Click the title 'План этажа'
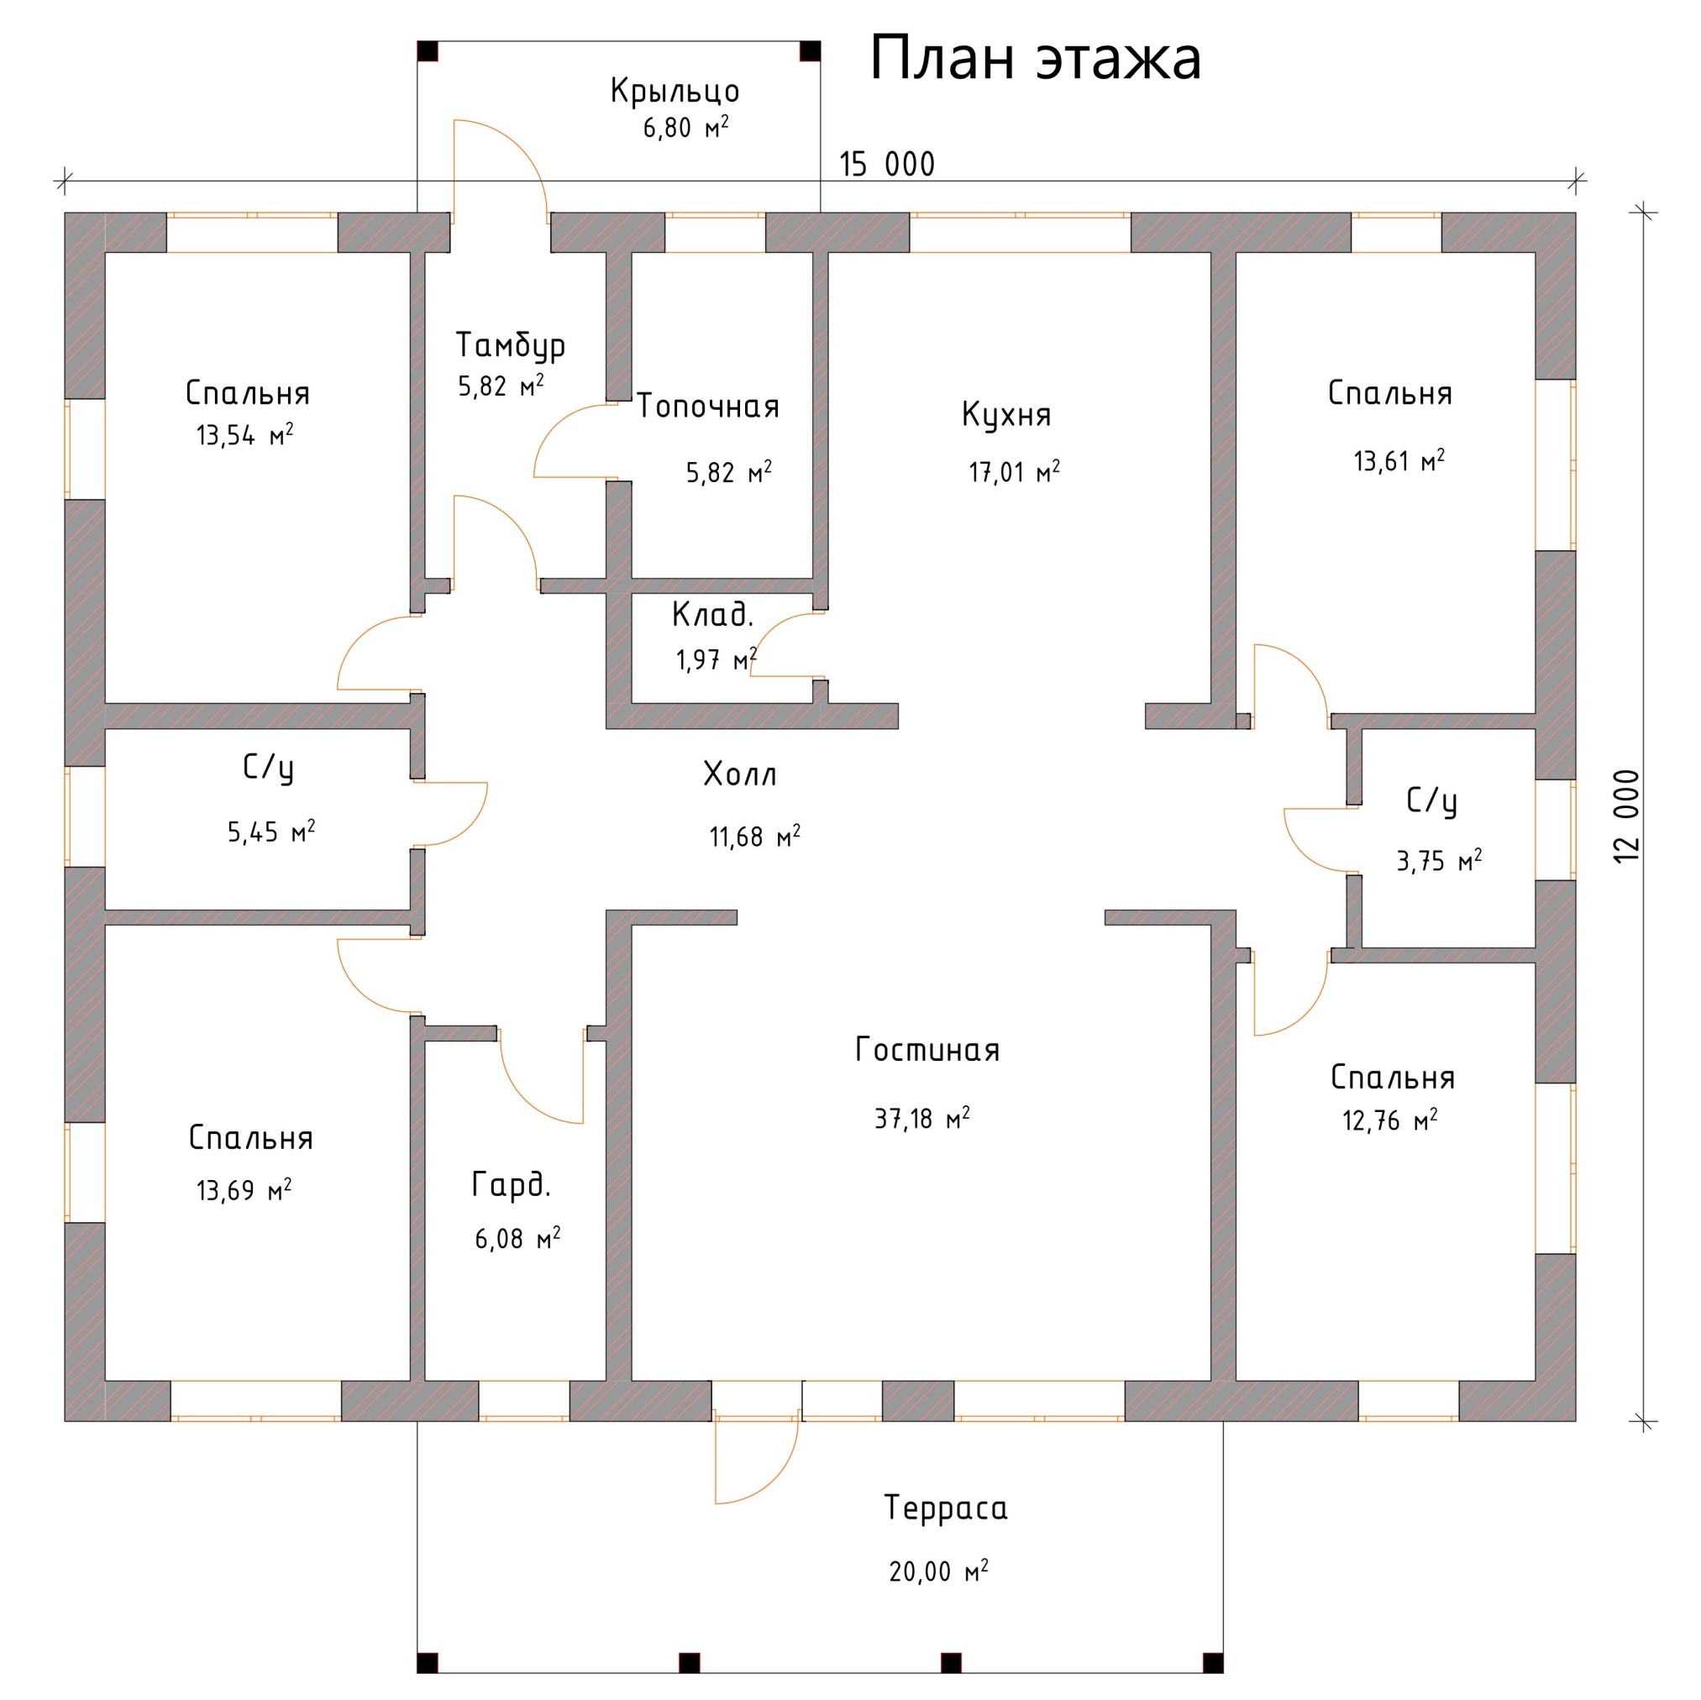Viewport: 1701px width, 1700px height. (1036, 60)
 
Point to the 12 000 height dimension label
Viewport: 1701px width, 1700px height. (1628, 816)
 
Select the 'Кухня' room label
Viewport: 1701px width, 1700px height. (1006, 414)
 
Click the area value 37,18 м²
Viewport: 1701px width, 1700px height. (921, 1118)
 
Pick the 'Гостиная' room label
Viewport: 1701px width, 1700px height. (927, 1050)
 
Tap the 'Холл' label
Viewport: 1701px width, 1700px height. (740, 774)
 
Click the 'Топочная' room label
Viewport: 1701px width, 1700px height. (708, 406)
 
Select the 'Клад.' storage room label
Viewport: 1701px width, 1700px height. (712, 615)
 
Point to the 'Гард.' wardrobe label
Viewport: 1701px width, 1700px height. (512, 1185)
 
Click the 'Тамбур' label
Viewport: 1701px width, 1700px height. (511, 345)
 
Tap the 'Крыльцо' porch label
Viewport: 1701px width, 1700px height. (675, 92)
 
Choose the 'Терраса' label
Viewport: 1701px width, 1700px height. (947, 1508)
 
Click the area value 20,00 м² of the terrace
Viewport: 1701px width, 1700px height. (938, 1571)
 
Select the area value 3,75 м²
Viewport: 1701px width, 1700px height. (1440, 860)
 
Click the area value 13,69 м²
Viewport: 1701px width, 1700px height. (244, 1190)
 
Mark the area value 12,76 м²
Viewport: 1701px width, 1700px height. (1390, 1120)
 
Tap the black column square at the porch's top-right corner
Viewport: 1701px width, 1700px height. (810, 51)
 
